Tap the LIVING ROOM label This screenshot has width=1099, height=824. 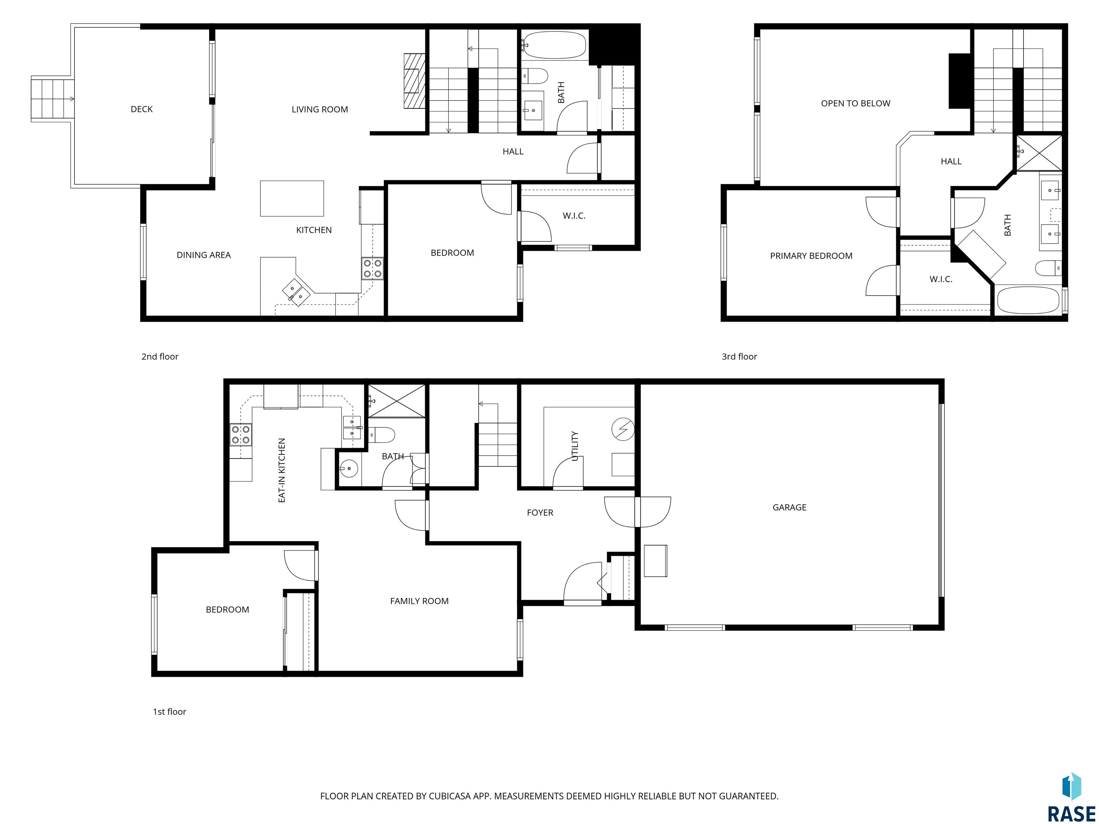pyautogui.click(x=319, y=109)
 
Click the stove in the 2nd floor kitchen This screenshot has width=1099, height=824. pyautogui.click(x=372, y=268)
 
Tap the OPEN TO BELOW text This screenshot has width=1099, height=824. pyautogui.click(x=855, y=103)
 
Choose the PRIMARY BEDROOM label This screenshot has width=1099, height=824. pyautogui.click(x=811, y=256)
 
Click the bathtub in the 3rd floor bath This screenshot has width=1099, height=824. pyautogui.click(x=1028, y=299)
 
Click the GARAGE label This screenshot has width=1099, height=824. pyautogui.click(x=790, y=507)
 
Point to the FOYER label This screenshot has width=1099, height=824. pyautogui.click(x=540, y=512)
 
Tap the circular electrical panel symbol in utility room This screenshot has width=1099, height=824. pyautogui.click(x=624, y=430)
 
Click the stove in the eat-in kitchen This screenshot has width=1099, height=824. pyautogui.click(x=240, y=435)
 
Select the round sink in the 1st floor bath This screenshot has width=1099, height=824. pyautogui.click(x=348, y=468)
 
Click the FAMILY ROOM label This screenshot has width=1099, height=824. pyautogui.click(x=419, y=601)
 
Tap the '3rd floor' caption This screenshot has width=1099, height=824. pyautogui.click(x=739, y=357)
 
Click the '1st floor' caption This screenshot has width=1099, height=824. pyautogui.click(x=170, y=712)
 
